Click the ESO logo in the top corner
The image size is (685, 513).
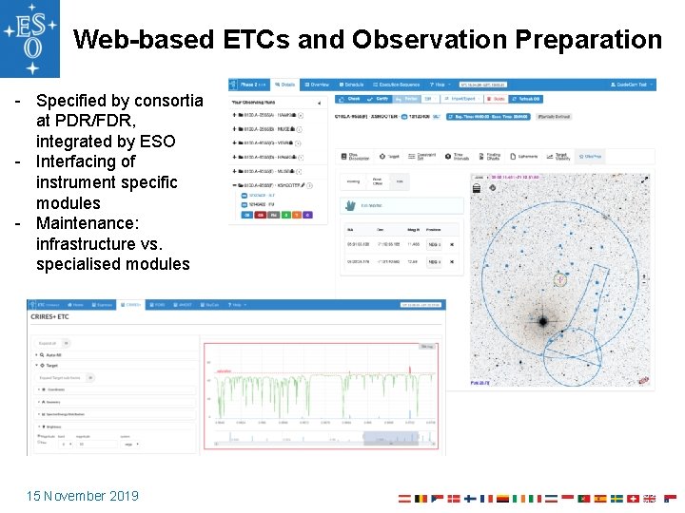(29, 38)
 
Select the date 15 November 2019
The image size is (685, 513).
(83, 496)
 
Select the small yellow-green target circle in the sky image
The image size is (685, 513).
(561, 279)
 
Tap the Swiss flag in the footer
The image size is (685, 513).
(634, 498)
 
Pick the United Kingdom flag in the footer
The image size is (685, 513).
(650, 498)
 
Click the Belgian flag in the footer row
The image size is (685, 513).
(421, 498)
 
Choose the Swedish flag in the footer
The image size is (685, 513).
(616, 498)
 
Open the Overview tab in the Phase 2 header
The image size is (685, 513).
(319, 85)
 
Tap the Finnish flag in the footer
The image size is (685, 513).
(470, 498)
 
